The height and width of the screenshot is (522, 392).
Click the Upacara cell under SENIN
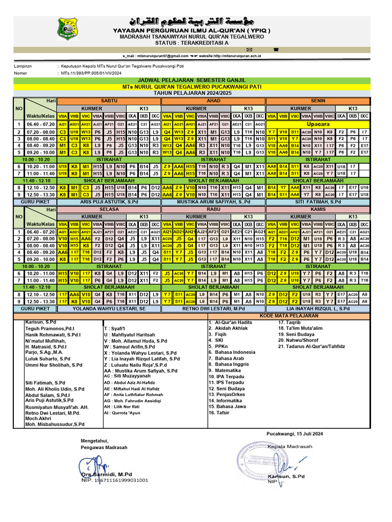pos(318,124)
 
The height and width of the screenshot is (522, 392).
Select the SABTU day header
pos(109,101)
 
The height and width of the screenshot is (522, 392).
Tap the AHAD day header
pos(213,101)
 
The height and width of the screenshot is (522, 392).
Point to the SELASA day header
pos(109,209)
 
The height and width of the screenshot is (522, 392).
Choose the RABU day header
pos(213,209)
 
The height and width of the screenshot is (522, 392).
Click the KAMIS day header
pos(318,209)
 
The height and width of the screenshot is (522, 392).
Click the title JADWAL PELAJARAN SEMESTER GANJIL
pos(195,81)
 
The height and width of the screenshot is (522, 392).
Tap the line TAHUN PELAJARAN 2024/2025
pos(195,93)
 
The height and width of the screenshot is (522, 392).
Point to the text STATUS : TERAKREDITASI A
pos(195,43)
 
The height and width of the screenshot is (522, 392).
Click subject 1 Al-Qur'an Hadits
pos(230,323)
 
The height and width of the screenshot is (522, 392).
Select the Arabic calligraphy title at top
pos(195,21)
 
